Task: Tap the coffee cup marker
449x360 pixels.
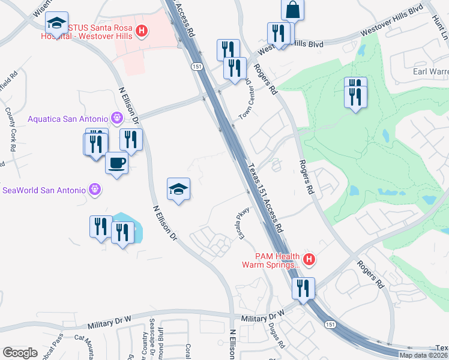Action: [116, 163]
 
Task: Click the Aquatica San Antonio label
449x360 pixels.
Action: [67, 118]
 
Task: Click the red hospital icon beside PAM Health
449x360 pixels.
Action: [309, 260]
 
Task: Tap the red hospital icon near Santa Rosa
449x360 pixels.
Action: [142, 30]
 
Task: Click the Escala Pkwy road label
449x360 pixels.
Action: [243, 221]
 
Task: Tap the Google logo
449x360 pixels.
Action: [20, 353]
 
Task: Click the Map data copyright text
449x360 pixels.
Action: [423, 355]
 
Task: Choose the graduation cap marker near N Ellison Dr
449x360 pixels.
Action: [179, 190]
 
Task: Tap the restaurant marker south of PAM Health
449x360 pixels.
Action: [304, 287]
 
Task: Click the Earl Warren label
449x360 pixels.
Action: [430, 72]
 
